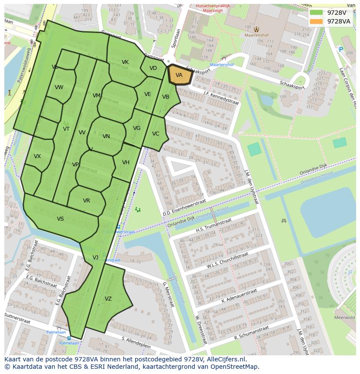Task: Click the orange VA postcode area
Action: click(180, 75)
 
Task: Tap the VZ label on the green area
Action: click(108, 298)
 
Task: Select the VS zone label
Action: click(60, 219)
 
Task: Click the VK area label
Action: click(125, 62)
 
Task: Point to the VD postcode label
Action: click(153, 68)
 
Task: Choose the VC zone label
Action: click(156, 134)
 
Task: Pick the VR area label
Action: click(87, 201)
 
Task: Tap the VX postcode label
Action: click(37, 156)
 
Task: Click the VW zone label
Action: click(59, 87)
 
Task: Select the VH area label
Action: click(126, 162)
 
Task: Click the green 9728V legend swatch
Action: click(316, 13)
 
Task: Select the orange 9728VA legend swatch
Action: click(316, 21)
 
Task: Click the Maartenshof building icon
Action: click(257, 30)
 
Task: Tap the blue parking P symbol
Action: click(341, 50)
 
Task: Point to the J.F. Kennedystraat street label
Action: click(221, 98)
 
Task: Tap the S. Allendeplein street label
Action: click(136, 342)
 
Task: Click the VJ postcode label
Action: click(95, 258)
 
